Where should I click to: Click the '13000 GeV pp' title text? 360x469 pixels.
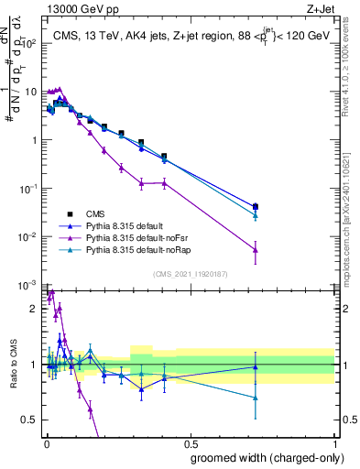[x=77, y=8]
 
